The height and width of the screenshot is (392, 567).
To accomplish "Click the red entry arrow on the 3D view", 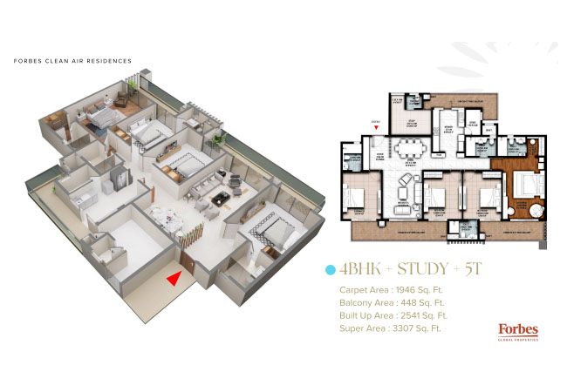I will [x=175, y=277].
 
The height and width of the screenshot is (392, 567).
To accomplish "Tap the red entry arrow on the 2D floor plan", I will [x=375, y=127].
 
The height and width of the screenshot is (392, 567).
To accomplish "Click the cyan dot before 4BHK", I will [x=330, y=269].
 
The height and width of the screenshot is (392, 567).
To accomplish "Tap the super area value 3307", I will [x=406, y=328].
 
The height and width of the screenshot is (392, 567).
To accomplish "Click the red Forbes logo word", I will [x=517, y=328].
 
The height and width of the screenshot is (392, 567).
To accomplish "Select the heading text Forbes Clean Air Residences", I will [x=73, y=62].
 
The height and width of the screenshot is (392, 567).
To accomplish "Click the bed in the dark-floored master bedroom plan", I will [x=526, y=186].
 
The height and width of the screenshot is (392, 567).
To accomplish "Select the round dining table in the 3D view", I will [x=163, y=214].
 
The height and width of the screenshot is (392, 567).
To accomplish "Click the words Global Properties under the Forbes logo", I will [x=517, y=339].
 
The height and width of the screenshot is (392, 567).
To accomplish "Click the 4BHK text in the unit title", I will [x=357, y=269].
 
